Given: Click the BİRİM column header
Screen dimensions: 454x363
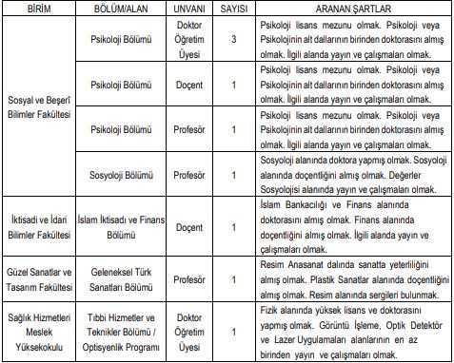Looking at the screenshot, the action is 38,9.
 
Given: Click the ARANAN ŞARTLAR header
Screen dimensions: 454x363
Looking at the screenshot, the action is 347,9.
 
